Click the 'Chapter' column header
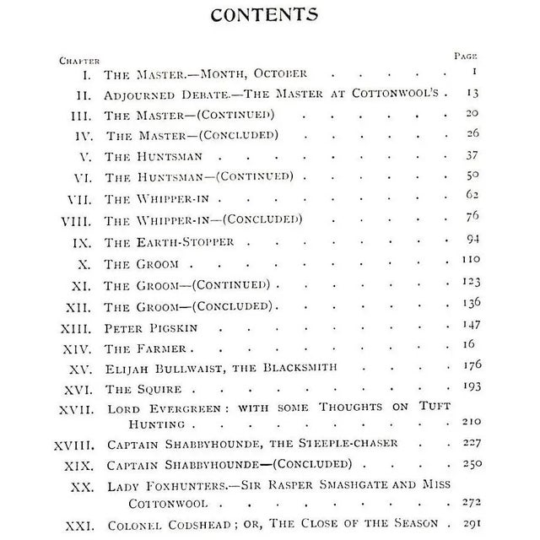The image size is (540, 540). tap(79, 60)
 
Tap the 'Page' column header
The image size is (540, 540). tap(466, 56)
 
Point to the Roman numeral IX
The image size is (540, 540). tap(84, 241)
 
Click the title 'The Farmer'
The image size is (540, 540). tap(144, 347)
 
